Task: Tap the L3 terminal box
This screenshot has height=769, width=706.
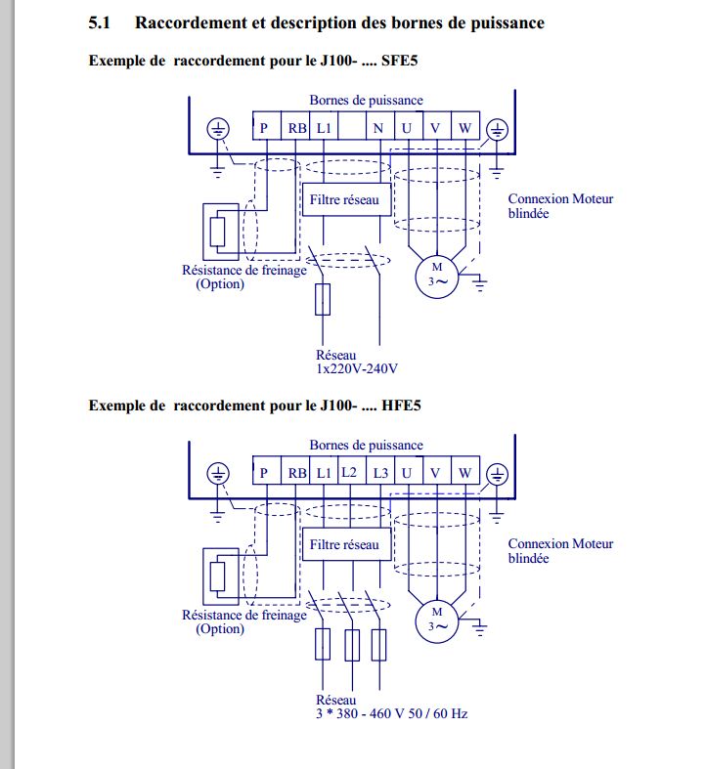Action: [380, 471]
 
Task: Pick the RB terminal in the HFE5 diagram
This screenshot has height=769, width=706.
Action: [295, 471]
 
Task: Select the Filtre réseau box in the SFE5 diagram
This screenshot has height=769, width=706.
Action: [346, 199]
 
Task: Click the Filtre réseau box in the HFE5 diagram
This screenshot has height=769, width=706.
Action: [346, 544]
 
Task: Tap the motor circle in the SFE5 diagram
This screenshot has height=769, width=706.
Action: [437, 277]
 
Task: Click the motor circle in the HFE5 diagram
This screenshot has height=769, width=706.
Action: [437, 621]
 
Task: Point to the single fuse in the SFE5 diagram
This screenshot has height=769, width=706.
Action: [323, 299]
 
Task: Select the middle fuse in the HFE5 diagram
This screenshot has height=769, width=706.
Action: [352, 645]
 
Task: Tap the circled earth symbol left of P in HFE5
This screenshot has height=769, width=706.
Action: [217, 474]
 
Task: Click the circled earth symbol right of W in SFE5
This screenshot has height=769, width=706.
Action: [497, 130]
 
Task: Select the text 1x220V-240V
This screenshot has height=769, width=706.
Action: [357, 368]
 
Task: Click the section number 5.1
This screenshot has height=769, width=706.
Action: [99, 22]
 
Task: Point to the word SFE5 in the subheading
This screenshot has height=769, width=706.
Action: [400, 61]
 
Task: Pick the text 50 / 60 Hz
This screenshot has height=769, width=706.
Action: [437, 713]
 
